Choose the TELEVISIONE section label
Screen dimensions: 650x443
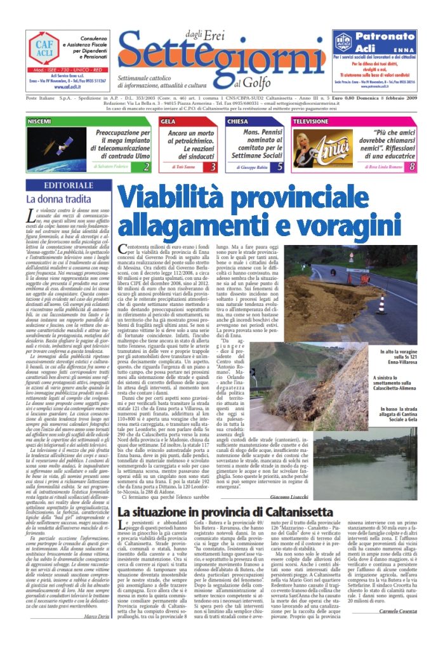[311, 121]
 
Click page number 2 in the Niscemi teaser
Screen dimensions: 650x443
[147, 167]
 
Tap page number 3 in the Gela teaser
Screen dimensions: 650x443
[213, 167]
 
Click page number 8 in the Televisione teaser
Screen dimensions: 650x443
[412, 167]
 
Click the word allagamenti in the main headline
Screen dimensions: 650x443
[187, 226]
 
